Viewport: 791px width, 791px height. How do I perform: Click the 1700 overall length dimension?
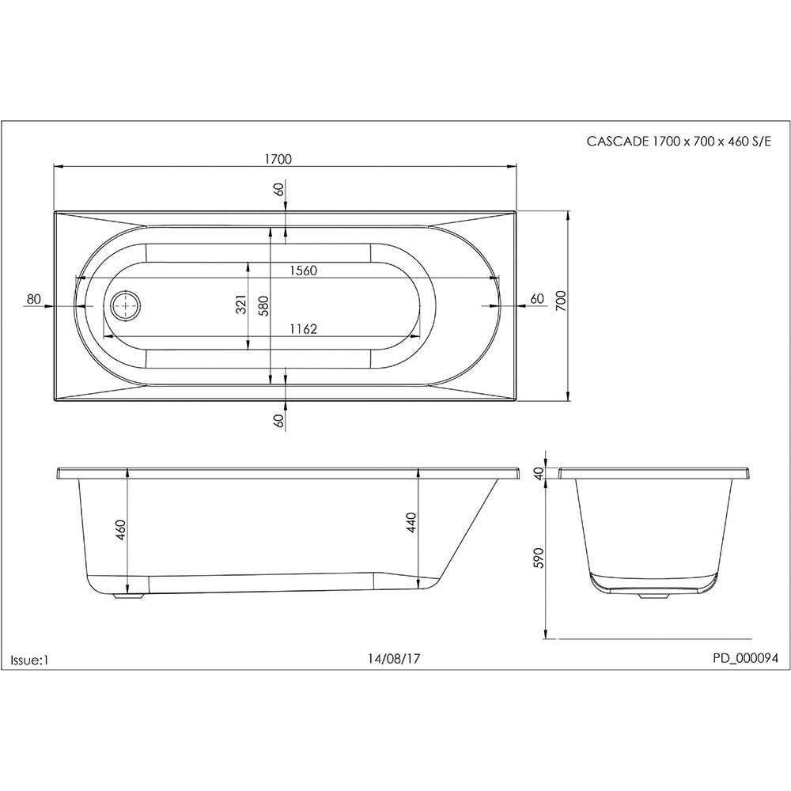point(278,159)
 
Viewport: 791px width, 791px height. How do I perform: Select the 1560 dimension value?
point(303,271)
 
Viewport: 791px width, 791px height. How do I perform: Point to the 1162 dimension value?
point(303,329)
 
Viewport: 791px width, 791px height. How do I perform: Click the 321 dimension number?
point(241,304)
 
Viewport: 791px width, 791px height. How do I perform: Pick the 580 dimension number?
point(264,305)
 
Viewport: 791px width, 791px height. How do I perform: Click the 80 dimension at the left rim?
point(33,299)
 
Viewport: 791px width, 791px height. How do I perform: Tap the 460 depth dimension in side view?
point(121,529)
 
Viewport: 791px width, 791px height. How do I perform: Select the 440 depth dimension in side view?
point(411,523)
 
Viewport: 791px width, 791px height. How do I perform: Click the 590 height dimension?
point(539,558)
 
